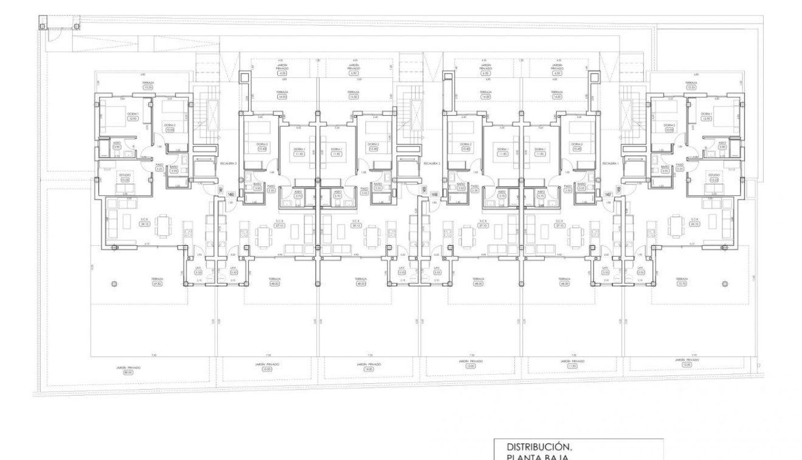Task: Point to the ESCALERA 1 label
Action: pos(609,163)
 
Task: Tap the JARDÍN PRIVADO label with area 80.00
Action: pos(127,369)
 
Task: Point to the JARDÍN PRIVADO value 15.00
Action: pos(267,369)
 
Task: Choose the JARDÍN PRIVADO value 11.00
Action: pos(571,366)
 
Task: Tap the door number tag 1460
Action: pos(231,195)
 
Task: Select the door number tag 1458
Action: pos(434,194)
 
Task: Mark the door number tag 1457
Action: pos(609,194)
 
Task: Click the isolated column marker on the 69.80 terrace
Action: pos(114,284)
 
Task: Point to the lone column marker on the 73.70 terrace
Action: pos(724,284)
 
